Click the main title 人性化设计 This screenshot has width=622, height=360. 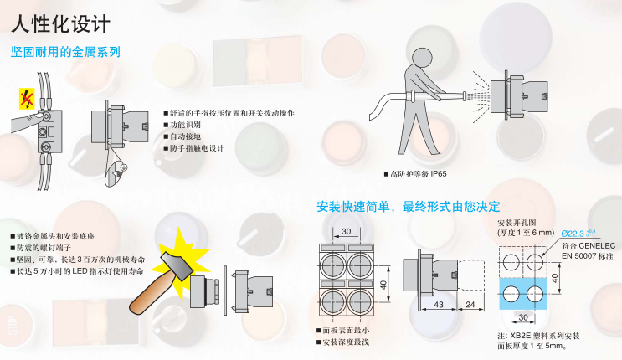[60, 24]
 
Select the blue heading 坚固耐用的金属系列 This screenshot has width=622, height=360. [65, 52]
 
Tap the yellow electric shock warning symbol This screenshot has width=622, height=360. [27, 99]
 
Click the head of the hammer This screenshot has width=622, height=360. [177, 265]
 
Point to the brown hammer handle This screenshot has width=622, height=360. [150, 295]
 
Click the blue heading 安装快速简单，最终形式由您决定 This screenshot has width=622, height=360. [409, 207]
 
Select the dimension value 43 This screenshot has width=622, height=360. [439, 305]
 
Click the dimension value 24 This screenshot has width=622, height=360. [470, 305]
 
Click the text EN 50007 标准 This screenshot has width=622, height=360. [588, 256]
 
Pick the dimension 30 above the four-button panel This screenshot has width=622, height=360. [347, 231]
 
